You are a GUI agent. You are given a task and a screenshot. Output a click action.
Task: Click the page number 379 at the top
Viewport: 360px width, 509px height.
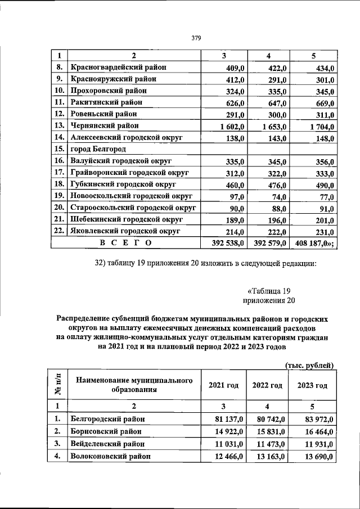click(196, 38)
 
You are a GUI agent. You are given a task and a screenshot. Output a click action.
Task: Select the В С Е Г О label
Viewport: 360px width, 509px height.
click(125, 243)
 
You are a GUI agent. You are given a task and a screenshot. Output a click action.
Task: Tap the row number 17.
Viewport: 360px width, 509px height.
click(59, 173)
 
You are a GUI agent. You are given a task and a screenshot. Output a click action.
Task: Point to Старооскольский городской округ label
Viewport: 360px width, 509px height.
click(133, 208)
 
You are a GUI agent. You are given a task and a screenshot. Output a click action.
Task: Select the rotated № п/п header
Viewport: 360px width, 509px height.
click(59, 385)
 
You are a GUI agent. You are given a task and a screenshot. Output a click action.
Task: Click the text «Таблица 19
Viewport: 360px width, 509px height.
click(268, 291)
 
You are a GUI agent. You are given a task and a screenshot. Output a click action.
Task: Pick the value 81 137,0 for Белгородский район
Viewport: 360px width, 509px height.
click(229, 420)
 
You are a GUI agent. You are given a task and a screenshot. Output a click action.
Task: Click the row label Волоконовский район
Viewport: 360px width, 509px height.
click(110, 456)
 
